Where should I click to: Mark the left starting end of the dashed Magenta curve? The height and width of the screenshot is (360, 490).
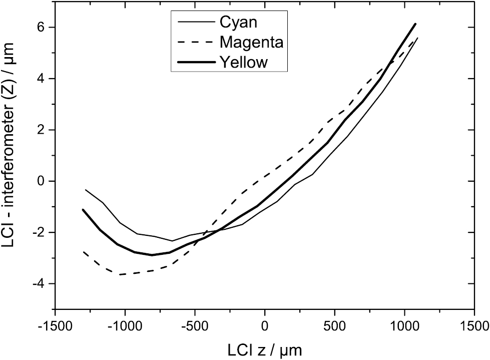84,252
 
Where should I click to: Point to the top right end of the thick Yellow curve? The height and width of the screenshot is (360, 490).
415,24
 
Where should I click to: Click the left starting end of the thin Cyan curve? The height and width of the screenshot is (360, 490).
86,190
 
